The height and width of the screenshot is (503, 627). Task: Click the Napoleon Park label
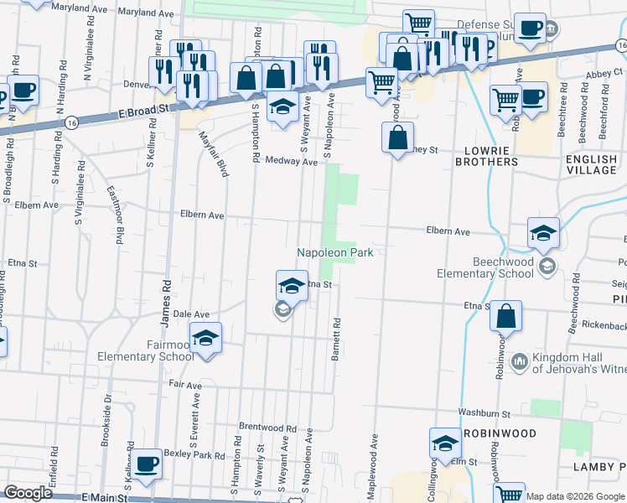point(334,252)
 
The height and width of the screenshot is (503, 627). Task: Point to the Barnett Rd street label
point(334,340)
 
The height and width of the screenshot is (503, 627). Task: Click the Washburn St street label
point(484,413)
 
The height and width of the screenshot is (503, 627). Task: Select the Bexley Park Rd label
point(197,455)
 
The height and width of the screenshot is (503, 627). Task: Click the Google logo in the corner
point(28,493)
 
